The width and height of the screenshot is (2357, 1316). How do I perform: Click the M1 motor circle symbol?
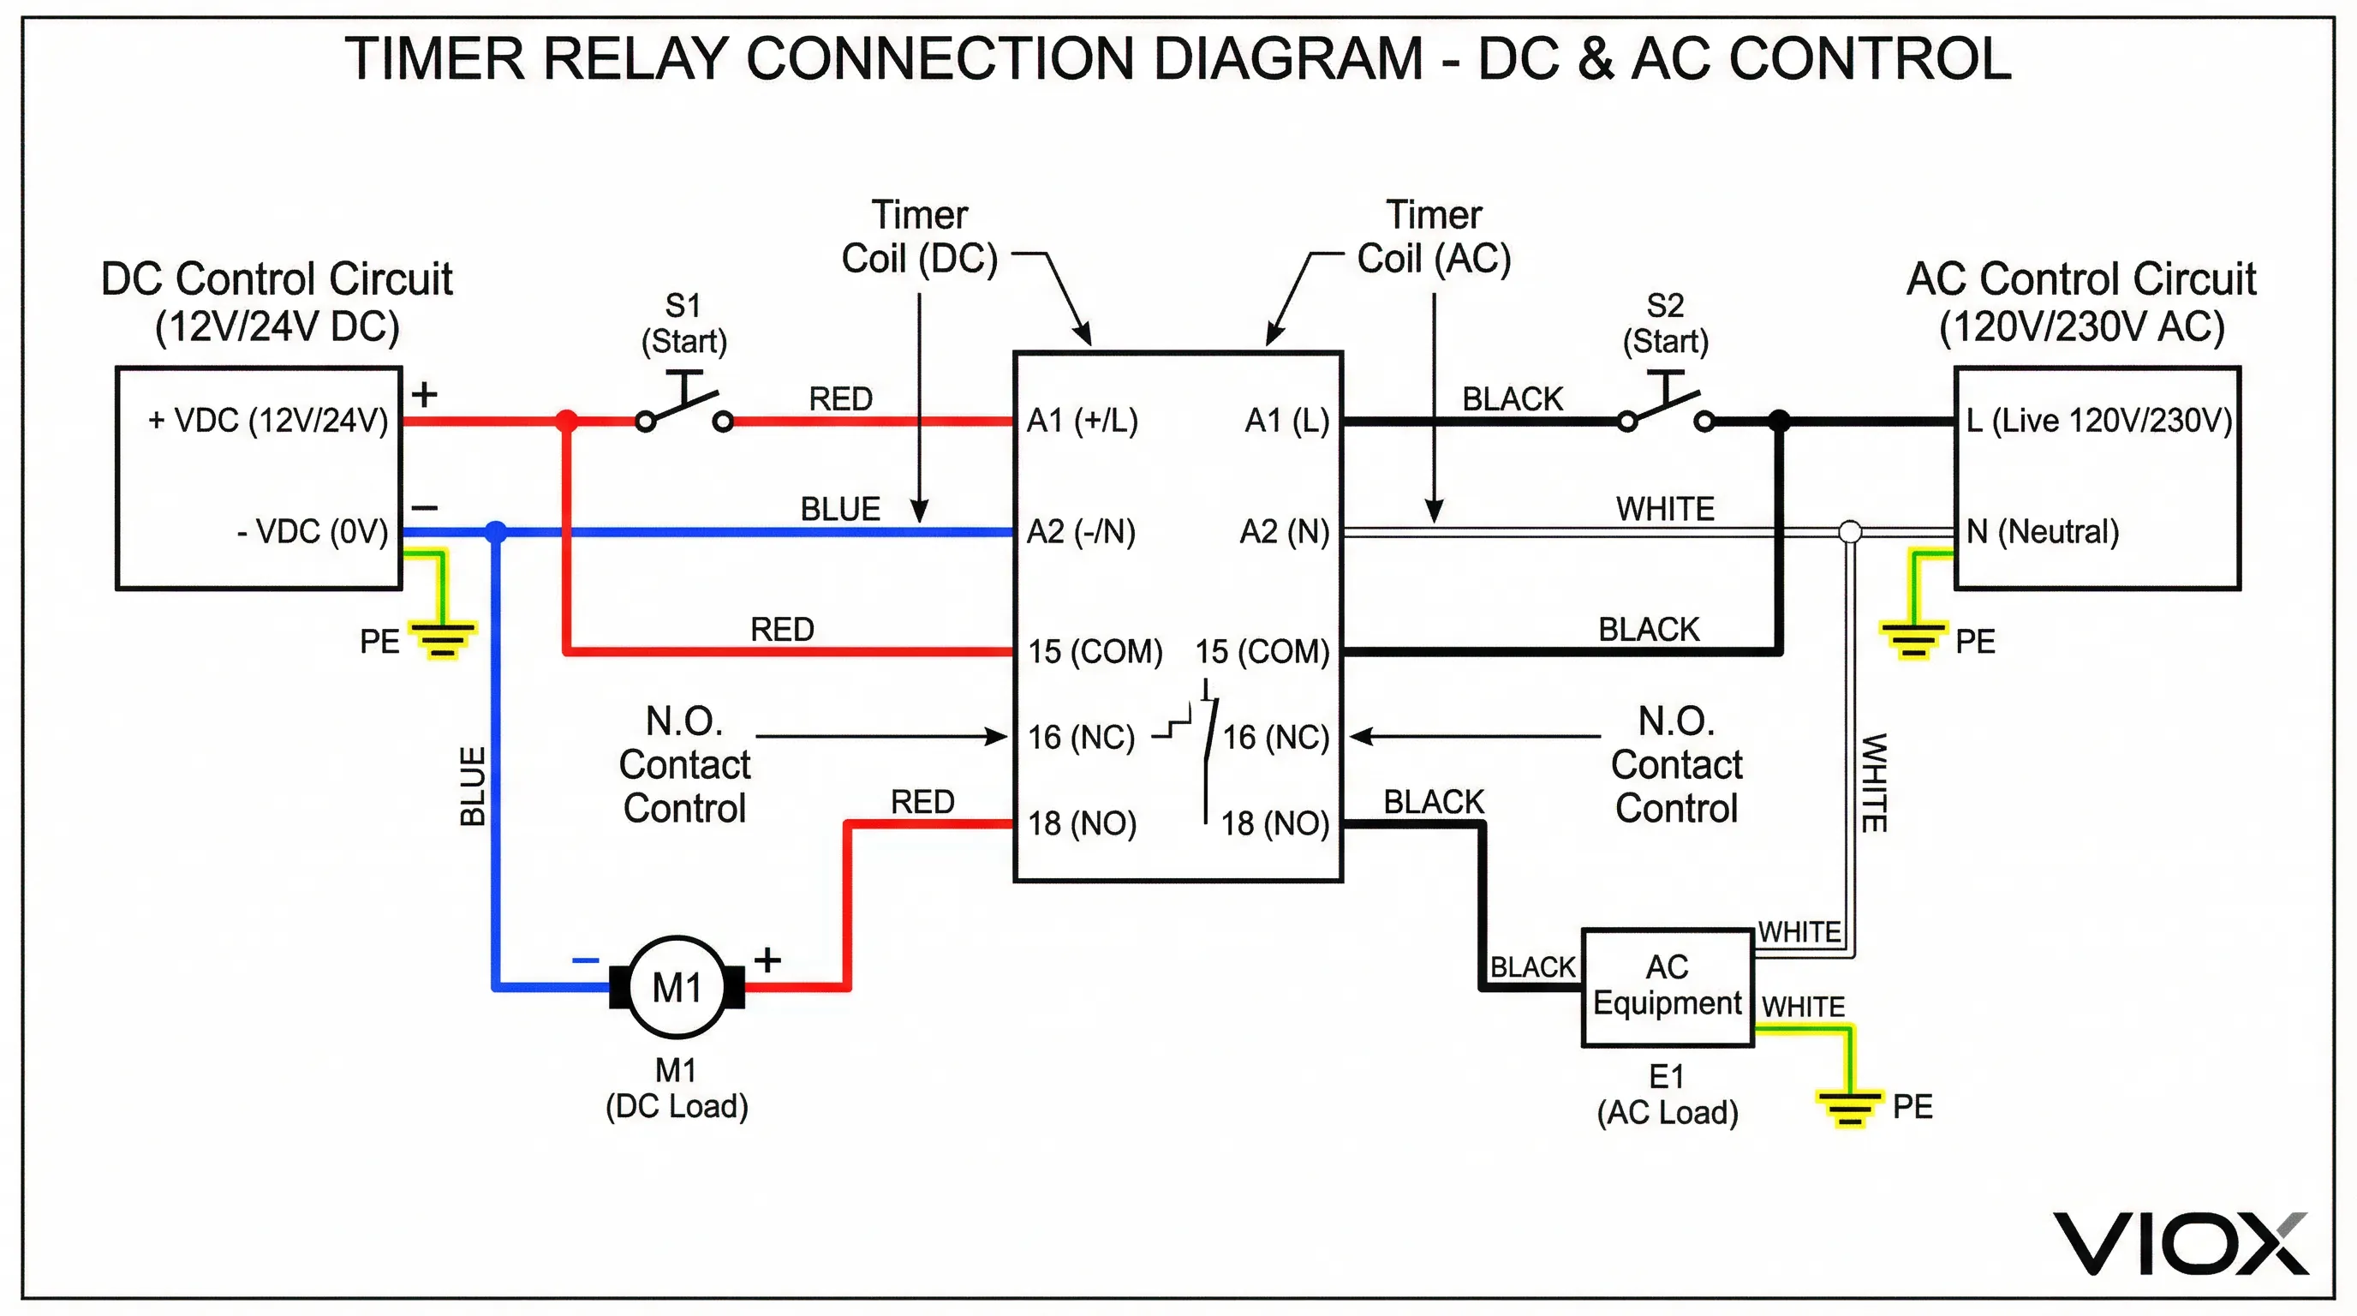point(677,988)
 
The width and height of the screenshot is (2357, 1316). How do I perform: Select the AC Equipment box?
point(1667,988)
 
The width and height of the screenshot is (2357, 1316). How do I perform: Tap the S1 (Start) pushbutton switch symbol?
point(684,407)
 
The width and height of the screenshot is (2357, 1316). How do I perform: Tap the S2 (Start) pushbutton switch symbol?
point(1665,407)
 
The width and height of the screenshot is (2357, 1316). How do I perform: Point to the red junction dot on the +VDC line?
point(566,421)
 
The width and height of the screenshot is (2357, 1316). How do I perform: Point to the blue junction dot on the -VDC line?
point(495,532)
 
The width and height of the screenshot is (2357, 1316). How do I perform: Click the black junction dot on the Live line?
point(1779,421)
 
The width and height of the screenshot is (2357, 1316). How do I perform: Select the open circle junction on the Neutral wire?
point(1849,532)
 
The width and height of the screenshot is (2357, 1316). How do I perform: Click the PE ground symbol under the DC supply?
point(442,639)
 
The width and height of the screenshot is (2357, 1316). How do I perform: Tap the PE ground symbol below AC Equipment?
point(1849,1107)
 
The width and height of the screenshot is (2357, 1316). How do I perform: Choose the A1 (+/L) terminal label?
point(1083,421)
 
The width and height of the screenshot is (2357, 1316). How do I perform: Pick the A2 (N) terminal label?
point(1284,532)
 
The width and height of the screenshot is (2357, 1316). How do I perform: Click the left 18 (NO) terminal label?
point(1083,823)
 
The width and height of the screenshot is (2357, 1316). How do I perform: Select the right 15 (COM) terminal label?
point(1262,652)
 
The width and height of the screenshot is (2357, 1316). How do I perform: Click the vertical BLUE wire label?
point(472,787)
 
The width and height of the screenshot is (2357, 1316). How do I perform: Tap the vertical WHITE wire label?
point(1874,782)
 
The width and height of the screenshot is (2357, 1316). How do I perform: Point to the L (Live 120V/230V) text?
point(2099,421)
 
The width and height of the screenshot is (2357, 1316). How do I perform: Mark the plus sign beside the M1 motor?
point(767,959)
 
